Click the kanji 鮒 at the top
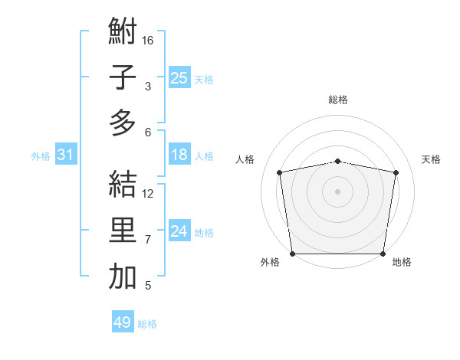tap(123, 32)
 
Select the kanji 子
tap(123, 77)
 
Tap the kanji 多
tap(123, 123)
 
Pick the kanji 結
tap(123, 185)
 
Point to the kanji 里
tap(123, 231)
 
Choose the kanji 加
tap(123, 277)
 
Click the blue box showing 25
tap(179, 77)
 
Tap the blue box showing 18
tap(179, 155)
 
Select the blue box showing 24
tap(179, 232)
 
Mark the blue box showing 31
tap(65, 155)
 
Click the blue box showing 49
tap(122, 322)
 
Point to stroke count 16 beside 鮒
tap(148, 41)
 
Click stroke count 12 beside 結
tap(148, 193)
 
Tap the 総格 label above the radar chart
tap(338, 100)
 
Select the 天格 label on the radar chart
tap(431, 159)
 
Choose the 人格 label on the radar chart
tap(245, 159)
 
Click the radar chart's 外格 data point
tap(292, 254)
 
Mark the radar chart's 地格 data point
tap(383, 254)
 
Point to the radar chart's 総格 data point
tap(338, 161)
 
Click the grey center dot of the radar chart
tap(338, 191)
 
